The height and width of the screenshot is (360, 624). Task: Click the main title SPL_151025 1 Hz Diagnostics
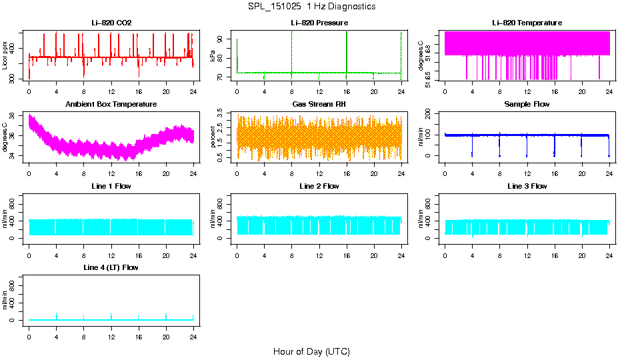(x=311, y=7)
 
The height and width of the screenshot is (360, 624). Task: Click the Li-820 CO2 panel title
(x=111, y=23)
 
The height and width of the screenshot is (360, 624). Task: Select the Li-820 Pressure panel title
(x=319, y=23)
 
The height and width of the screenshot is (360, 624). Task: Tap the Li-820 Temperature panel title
(x=527, y=23)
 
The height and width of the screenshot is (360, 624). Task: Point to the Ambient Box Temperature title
(x=111, y=105)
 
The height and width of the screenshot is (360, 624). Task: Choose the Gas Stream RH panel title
(x=319, y=105)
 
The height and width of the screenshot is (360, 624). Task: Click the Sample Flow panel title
(x=527, y=105)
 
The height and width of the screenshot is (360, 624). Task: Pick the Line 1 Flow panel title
(x=111, y=186)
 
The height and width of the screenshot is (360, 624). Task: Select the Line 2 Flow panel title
(x=319, y=186)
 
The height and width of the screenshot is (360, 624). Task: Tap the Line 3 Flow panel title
(x=527, y=186)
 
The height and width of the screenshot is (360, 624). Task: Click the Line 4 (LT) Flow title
(x=111, y=267)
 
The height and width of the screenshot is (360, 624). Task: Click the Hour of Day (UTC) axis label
(x=311, y=351)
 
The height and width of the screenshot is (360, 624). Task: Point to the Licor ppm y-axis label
(x=5, y=55)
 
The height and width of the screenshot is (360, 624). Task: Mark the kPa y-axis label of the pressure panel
(x=213, y=55)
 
